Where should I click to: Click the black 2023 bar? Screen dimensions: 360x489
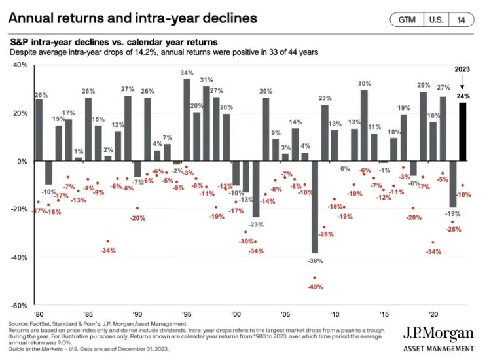[x=463, y=132]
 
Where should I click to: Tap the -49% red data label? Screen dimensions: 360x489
[x=316, y=287]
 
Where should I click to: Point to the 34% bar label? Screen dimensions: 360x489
[x=187, y=73]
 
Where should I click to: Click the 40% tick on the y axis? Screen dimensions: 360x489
[x=20, y=65]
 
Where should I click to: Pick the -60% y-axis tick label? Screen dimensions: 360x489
[x=19, y=306]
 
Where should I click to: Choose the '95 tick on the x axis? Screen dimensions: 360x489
[x=187, y=314]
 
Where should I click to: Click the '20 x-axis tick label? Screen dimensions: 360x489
[x=433, y=314]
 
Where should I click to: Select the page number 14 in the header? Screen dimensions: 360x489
[x=462, y=20]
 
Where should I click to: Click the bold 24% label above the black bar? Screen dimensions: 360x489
[x=463, y=96]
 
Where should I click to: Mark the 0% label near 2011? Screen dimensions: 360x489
[x=345, y=169]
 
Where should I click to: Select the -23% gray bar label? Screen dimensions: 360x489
[x=256, y=225]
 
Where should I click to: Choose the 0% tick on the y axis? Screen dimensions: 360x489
[x=22, y=161]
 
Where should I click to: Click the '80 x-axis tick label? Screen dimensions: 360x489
[x=39, y=314]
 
